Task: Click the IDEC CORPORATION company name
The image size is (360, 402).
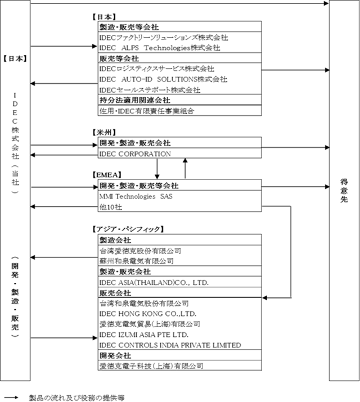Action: click(135, 154)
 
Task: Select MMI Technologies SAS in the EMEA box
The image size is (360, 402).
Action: click(136, 196)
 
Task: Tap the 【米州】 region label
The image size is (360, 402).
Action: click(104, 132)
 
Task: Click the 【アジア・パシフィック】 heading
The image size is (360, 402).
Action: click(128, 229)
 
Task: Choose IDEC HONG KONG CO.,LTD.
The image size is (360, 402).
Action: click(148, 314)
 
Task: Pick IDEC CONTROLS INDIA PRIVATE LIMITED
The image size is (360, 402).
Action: click(170, 345)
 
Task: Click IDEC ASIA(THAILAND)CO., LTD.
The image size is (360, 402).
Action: click(154, 283)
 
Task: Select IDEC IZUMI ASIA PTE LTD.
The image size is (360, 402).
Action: click(144, 335)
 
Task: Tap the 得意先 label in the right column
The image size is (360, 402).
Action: click(344, 191)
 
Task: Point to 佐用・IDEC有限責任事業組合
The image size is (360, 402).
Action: click(147, 111)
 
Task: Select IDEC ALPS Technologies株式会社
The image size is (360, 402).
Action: click(160, 48)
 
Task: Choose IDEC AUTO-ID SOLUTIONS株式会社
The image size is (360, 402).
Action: click(163, 79)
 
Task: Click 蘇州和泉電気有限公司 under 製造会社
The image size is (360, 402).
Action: click(137, 261)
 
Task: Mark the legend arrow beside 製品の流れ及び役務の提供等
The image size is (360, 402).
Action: click(11, 398)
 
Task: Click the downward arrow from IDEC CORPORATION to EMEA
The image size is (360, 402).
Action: click(157, 169)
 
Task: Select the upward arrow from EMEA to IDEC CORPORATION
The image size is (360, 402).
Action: click(185, 168)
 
